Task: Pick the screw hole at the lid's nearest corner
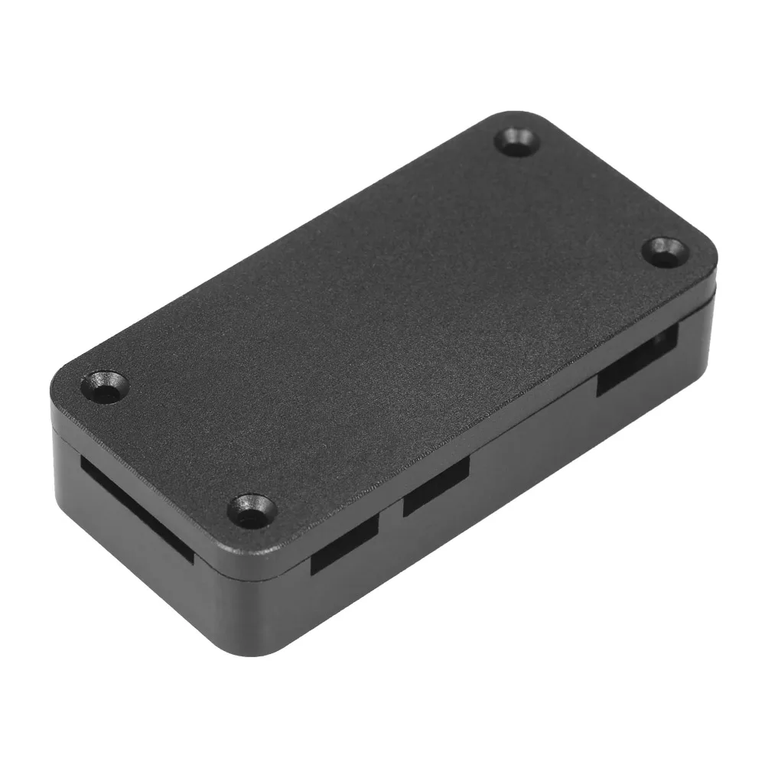[x=252, y=510]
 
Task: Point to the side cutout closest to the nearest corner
[x=345, y=542]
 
